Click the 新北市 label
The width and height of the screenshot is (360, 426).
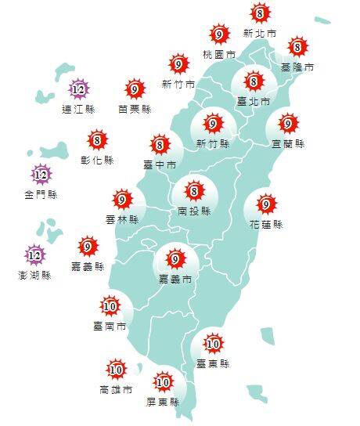coord(259,34)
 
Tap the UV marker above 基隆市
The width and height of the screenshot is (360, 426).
coord(297,47)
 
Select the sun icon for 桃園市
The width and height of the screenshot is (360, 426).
coord(220,34)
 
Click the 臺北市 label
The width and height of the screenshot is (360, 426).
coord(253,101)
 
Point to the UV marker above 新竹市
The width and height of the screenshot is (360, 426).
coord(178,65)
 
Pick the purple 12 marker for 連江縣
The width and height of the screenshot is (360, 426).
coord(77,90)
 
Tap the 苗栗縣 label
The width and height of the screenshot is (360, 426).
coord(135,109)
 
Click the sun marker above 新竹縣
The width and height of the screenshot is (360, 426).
coord(213,124)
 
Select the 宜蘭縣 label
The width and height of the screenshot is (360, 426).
coord(289,144)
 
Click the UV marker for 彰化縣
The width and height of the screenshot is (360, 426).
coord(98,141)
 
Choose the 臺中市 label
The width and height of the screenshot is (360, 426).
coord(159,164)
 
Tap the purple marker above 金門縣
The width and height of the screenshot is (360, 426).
coord(41,174)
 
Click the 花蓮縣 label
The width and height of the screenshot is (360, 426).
coord(266,225)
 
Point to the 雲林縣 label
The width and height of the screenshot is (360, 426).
coord(121,220)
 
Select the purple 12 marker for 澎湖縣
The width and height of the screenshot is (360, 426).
coord(34,255)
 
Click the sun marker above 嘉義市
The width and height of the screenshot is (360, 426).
coord(175,258)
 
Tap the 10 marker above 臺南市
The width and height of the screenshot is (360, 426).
coord(110,305)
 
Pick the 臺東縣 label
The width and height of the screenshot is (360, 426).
coord(213,363)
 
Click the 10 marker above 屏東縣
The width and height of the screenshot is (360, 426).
coord(163,383)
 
